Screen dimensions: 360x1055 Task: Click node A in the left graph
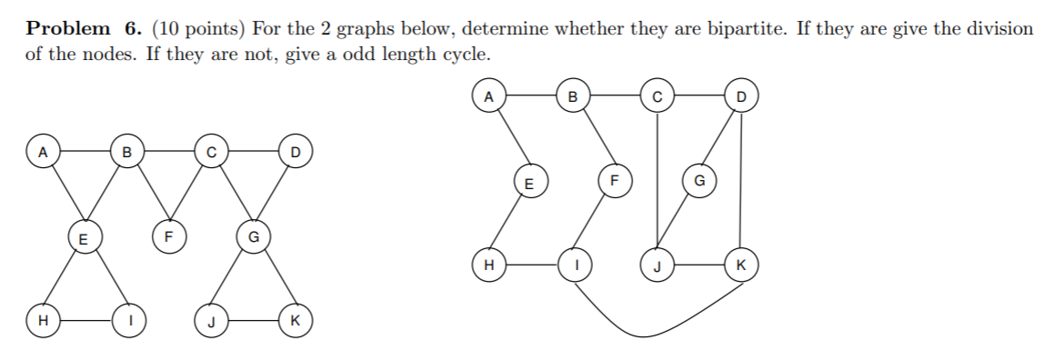click(x=41, y=150)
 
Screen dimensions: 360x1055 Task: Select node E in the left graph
click(x=83, y=239)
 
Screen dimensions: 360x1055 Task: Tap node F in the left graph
click(x=166, y=239)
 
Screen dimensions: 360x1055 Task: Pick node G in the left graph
click(x=254, y=238)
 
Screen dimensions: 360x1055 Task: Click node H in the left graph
click(x=41, y=320)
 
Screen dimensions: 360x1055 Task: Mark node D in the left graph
click(x=295, y=150)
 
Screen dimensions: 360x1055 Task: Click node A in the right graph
click(x=489, y=95)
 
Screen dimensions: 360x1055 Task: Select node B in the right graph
click(x=573, y=95)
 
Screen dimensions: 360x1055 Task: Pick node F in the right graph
click(x=613, y=180)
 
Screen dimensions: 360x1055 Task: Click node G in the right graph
click(x=699, y=181)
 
